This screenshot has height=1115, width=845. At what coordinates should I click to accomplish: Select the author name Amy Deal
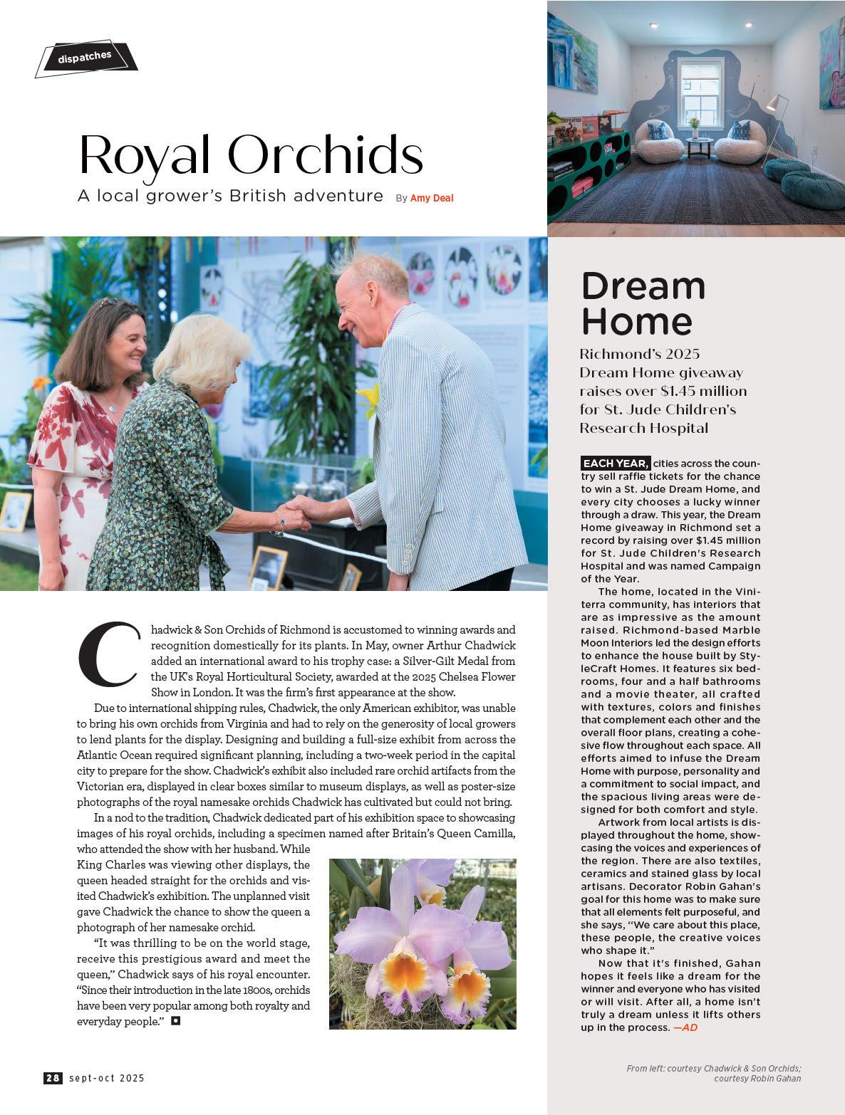pyautogui.click(x=432, y=198)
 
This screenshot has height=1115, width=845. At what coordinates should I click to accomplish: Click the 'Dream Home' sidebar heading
pyautogui.click(x=643, y=303)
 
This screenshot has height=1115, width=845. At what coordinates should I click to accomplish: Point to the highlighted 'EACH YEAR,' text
pyautogui.click(x=616, y=464)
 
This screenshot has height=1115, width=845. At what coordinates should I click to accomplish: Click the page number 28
pyautogui.click(x=53, y=1078)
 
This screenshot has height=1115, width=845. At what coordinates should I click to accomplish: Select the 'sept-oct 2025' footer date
pyautogui.click(x=107, y=1078)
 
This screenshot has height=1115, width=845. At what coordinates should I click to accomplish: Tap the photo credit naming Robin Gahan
pyautogui.click(x=757, y=1078)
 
